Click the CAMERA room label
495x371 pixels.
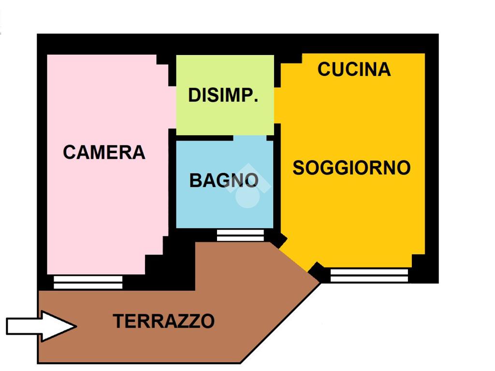[x=104, y=152]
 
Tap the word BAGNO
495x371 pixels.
[x=223, y=181]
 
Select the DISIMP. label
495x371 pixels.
[x=223, y=95]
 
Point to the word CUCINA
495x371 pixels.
[x=354, y=70]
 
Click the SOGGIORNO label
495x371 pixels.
[x=351, y=168]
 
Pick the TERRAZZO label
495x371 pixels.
[x=163, y=321]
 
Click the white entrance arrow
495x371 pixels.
[x=42, y=326]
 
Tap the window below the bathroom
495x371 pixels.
[x=240, y=235]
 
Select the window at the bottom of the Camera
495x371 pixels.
[x=87, y=282]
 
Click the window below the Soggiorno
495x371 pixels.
[x=369, y=275]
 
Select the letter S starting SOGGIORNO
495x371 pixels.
[x=300, y=168]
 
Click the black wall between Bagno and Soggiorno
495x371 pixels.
[x=277, y=184]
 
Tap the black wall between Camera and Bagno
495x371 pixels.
[x=172, y=184]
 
